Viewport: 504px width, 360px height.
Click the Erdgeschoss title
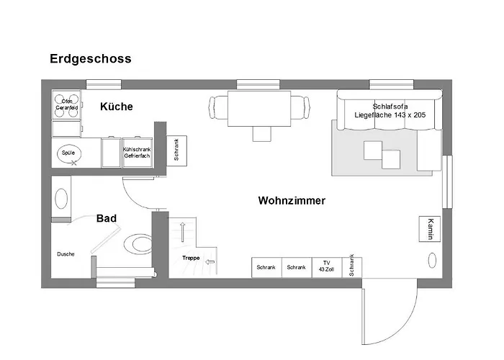tap(91, 59)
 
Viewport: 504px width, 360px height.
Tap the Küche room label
tap(116, 107)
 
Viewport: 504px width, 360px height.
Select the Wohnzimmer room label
tap(292, 201)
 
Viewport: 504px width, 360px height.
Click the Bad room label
tap(107, 218)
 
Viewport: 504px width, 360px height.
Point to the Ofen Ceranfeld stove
tap(66, 104)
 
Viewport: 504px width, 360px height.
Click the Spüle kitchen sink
tap(68, 153)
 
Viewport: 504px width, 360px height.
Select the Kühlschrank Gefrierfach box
tap(137, 153)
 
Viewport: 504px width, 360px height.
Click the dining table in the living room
tap(260, 107)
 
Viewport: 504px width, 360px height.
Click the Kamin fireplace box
tap(430, 228)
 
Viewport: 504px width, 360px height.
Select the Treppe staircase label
tap(191, 258)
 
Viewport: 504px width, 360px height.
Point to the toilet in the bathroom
tap(138, 243)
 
